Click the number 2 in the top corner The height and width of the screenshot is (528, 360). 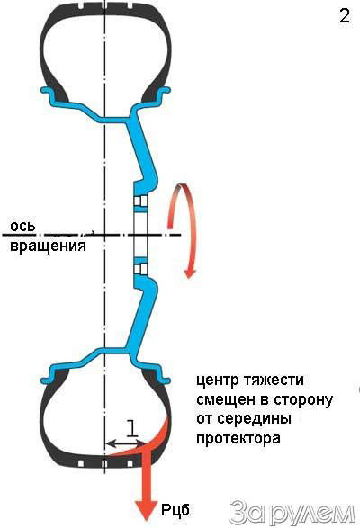[x=345, y=16]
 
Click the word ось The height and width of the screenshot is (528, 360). [x=22, y=226]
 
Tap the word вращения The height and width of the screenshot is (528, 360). [x=49, y=246]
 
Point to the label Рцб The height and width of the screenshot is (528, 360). [x=175, y=510]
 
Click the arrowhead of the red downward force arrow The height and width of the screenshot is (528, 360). [x=147, y=509]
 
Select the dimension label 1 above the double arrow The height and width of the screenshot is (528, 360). [x=132, y=428]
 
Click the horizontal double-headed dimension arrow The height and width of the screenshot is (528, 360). [x=126, y=443]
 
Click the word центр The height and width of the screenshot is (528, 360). [x=216, y=380]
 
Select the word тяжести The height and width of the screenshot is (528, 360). [x=273, y=380]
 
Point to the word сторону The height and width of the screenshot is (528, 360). [x=302, y=400]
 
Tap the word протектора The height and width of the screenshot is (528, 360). [x=238, y=439]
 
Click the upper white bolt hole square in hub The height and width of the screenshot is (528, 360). [x=140, y=201]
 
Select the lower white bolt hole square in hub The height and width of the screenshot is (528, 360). [x=140, y=269]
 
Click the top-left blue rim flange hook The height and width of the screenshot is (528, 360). [x=47, y=91]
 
